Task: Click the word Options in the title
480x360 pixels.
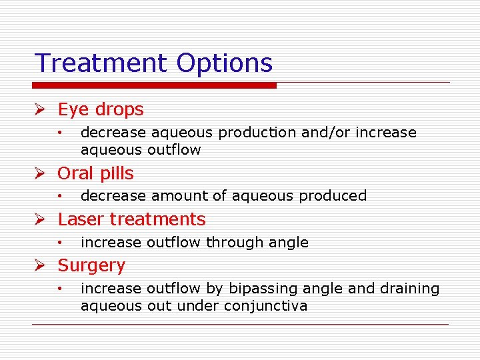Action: pos(225,63)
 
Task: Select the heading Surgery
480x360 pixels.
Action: pos(91,265)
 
